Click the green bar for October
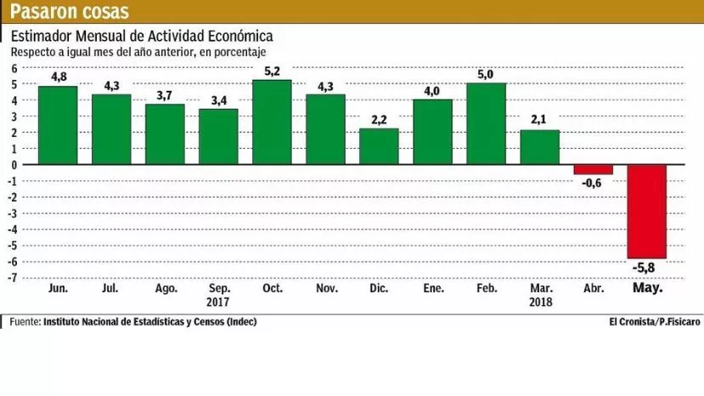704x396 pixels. [273, 122]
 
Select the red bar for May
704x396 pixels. [647, 212]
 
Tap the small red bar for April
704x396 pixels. [593, 169]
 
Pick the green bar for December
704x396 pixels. [380, 146]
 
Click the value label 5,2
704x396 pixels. [273, 71]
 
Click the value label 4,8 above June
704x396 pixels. [58, 76]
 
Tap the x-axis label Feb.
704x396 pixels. [487, 288]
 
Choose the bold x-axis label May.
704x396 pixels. [648, 288]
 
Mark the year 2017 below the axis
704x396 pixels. [218, 302]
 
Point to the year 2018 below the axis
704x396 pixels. [540, 302]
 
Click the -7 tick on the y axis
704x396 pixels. [13, 278]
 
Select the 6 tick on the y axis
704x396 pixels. [14, 67]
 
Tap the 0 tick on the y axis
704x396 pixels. [14, 165]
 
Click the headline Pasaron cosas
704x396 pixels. [70, 12]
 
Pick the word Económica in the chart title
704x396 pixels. [235, 37]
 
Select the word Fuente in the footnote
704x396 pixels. [25, 322]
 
